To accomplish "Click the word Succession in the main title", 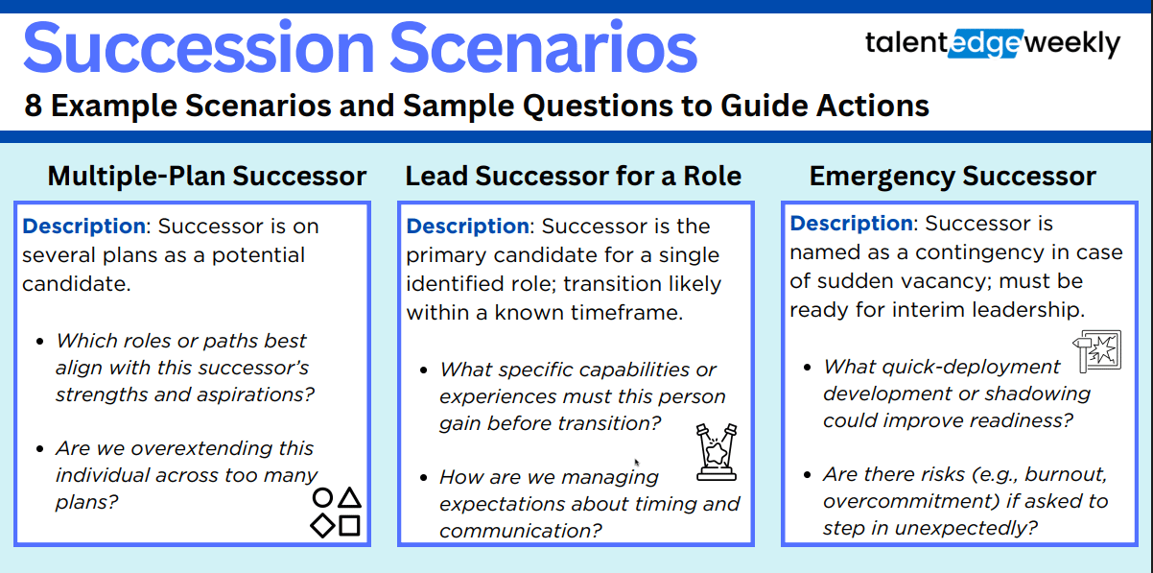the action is (199, 48).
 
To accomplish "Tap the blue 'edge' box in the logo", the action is (985, 43).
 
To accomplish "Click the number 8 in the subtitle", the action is (33, 106).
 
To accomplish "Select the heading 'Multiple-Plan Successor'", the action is (207, 176).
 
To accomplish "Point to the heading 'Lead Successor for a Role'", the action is (574, 176).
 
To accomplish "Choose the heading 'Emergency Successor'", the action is (953, 176).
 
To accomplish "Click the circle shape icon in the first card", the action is (322, 497).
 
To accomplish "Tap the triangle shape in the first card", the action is (350, 497).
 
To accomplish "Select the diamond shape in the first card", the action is (322, 526).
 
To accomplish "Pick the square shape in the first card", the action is (350, 526).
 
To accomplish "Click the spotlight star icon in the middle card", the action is (717, 452).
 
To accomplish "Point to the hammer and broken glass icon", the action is (1097, 350).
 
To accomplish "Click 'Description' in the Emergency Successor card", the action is (852, 224).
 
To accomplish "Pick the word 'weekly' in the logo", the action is (1072, 44).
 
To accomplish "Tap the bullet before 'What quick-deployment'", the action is (807, 368).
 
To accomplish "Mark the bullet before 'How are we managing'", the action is (424, 478).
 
